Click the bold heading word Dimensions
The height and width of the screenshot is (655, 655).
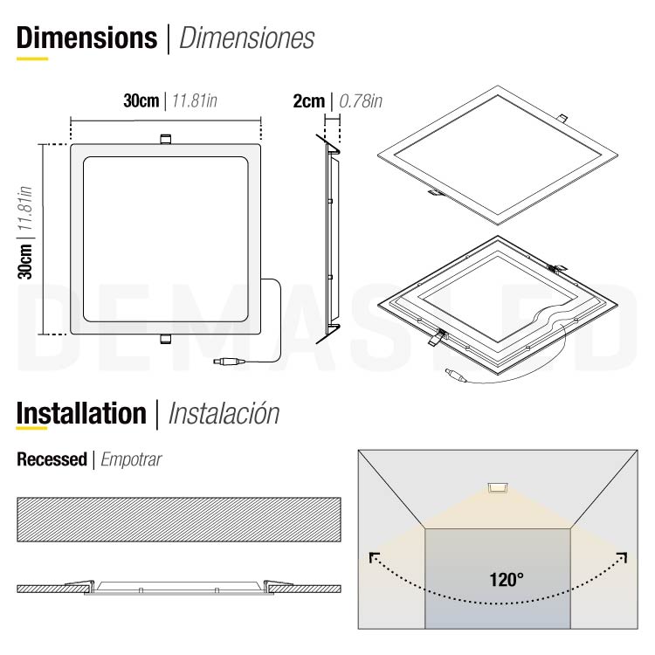click(86, 38)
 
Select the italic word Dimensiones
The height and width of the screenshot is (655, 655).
click(246, 38)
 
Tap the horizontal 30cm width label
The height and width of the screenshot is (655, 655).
click(141, 101)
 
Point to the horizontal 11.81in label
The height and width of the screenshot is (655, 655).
click(194, 101)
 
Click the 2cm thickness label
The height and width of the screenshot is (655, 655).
click(308, 101)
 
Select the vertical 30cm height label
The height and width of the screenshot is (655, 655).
click(26, 262)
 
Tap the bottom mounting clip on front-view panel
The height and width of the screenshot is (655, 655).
click(164, 340)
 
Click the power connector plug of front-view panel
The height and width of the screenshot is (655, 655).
click(228, 360)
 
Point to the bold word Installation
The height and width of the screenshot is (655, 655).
click(81, 413)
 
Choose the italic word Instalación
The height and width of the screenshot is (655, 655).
click(223, 413)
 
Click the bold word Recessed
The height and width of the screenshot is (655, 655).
click(52, 458)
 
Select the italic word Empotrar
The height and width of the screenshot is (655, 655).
click(132, 458)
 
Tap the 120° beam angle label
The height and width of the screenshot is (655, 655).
click(507, 578)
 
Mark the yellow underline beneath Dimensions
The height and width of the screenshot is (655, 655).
click(32, 59)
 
